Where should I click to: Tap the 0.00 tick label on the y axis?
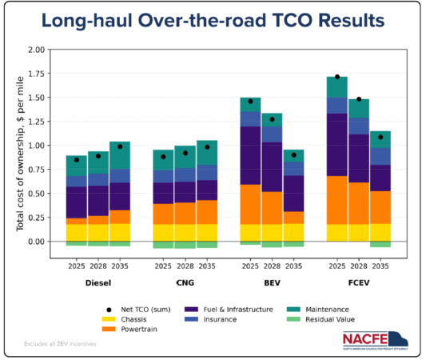pyautogui.click(x=35, y=242)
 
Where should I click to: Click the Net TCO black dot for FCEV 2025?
pyautogui.click(x=337, y=77)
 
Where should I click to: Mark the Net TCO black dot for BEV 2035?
pyautogui.click(x=293, y=154)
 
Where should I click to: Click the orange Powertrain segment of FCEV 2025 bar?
pyautogui.click(x=337, y=200)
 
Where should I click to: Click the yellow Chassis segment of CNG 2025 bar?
pyautogui.click(x=163, y=232)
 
